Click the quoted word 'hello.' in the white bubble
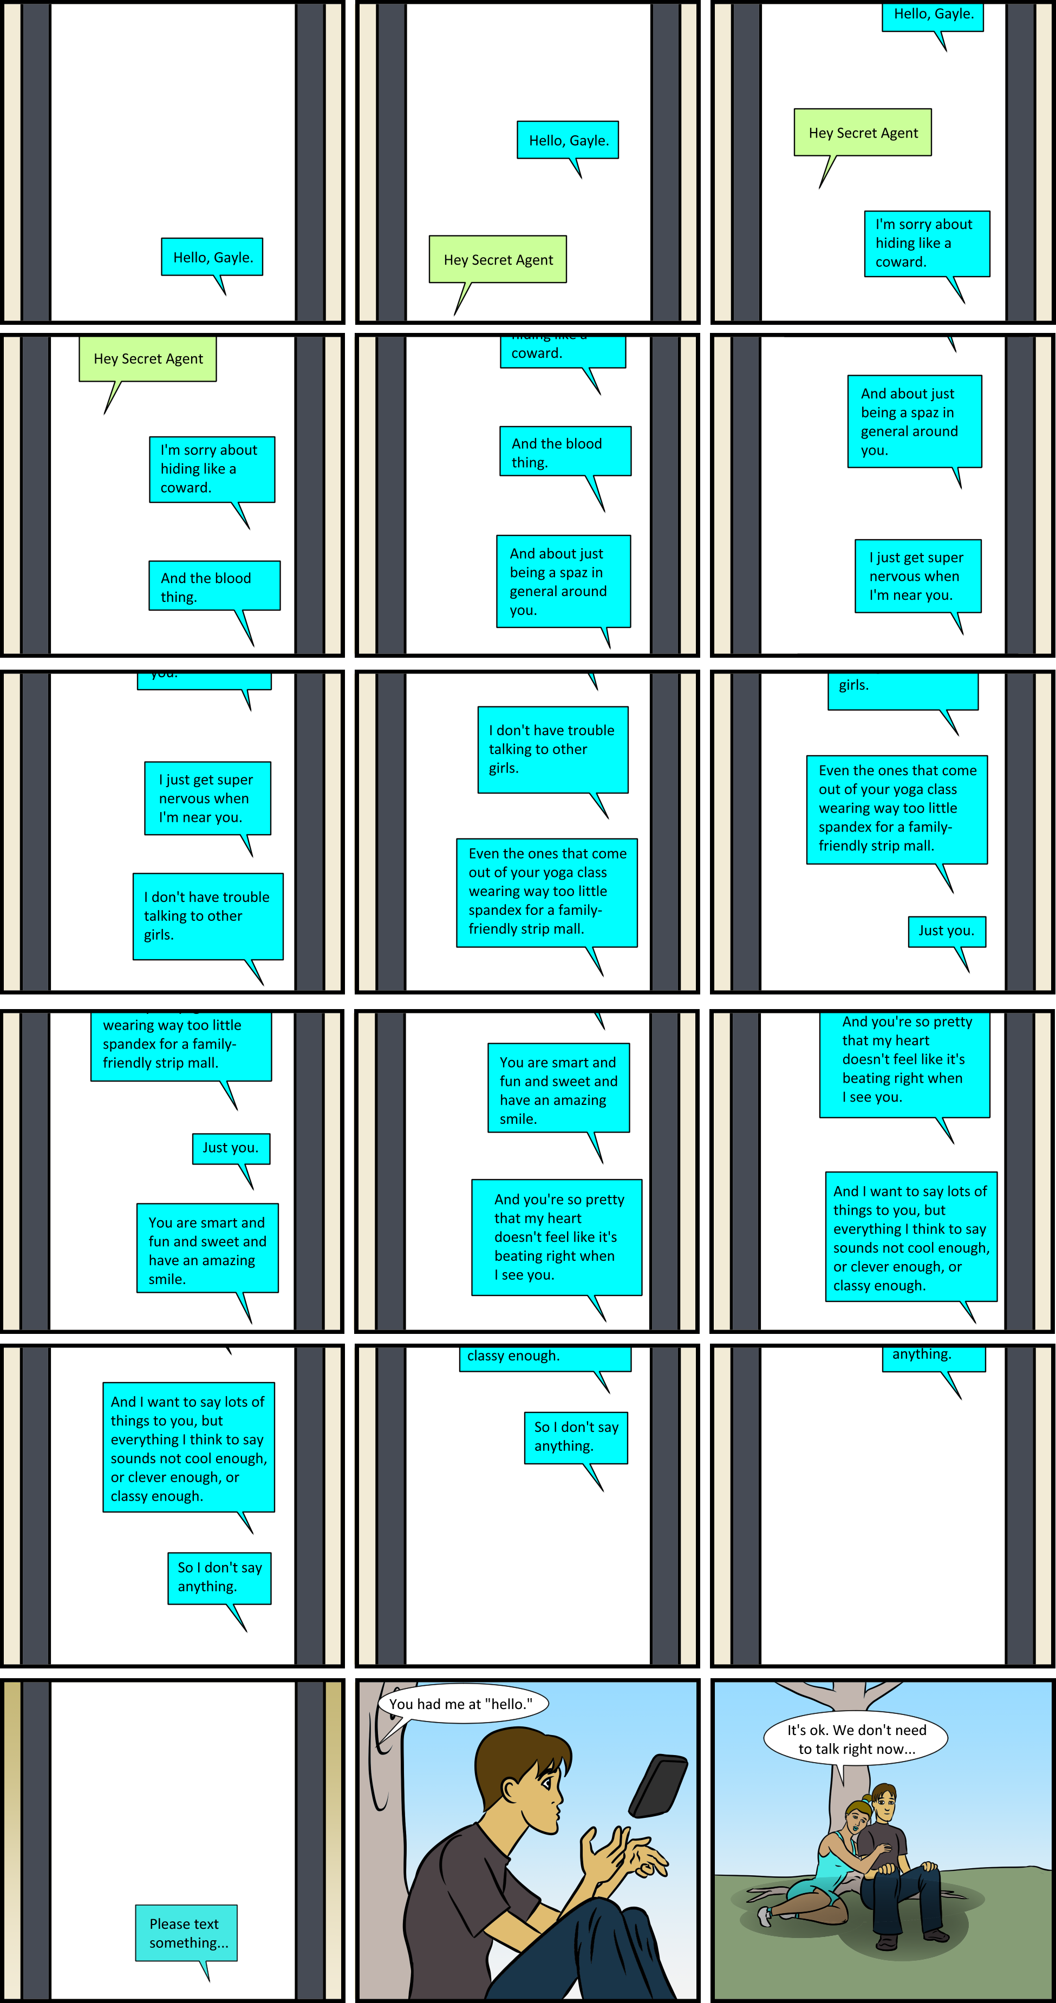click(x=509, y=1704)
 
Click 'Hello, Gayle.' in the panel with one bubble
click(x=212, y=257)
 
